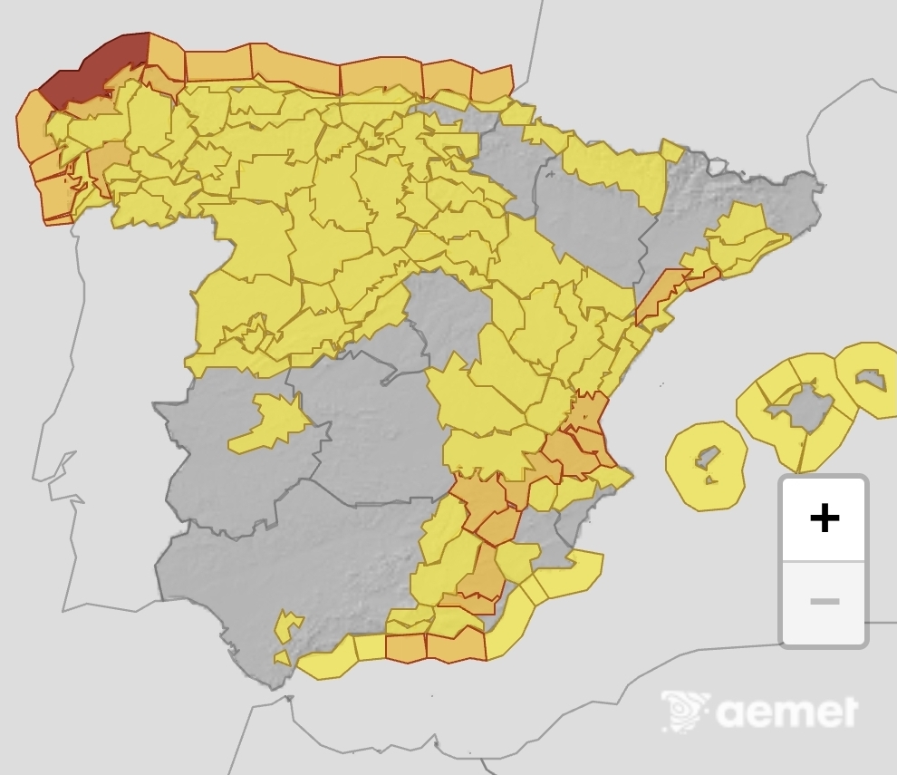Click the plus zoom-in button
coord(824,518)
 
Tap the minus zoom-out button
coord(824,602)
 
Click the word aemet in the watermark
coord(786,712)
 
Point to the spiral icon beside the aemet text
coord(686,712)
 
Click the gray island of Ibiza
coord(707,457)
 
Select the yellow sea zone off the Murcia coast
coord(566,575)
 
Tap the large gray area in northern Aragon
coord(589,218)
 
